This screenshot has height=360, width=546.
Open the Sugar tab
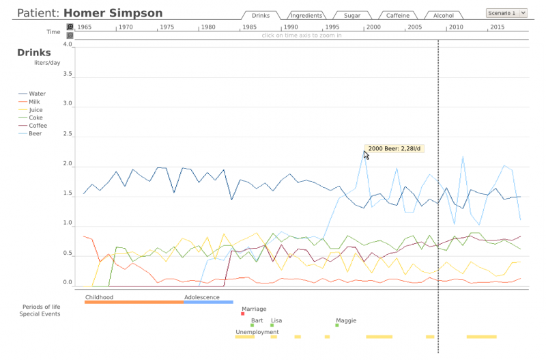tap(352, 15)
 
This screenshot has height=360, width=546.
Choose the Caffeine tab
tap(398, 15)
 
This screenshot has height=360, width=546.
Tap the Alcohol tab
tap(443, 15)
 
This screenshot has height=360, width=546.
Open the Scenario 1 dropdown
tap(506, 12)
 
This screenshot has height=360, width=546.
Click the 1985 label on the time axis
tap(250, 27)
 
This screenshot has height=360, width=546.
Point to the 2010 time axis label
tap(456, 27)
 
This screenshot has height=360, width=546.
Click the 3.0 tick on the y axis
tap(67, 104)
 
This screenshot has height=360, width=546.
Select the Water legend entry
tap(37, 94)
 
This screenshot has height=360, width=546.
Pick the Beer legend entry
tap(35, 133)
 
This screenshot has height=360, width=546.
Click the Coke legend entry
tap(35, 117)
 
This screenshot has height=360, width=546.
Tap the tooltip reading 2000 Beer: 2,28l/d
tap(395, 148)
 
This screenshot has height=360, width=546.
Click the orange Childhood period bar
tap(134, 302)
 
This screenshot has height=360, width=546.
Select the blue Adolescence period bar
tap(208, 302)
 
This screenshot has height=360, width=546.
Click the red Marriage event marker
tap(243, 314)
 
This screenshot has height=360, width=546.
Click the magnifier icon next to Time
tap(70, 27)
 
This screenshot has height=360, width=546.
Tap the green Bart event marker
tap(252, 325)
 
